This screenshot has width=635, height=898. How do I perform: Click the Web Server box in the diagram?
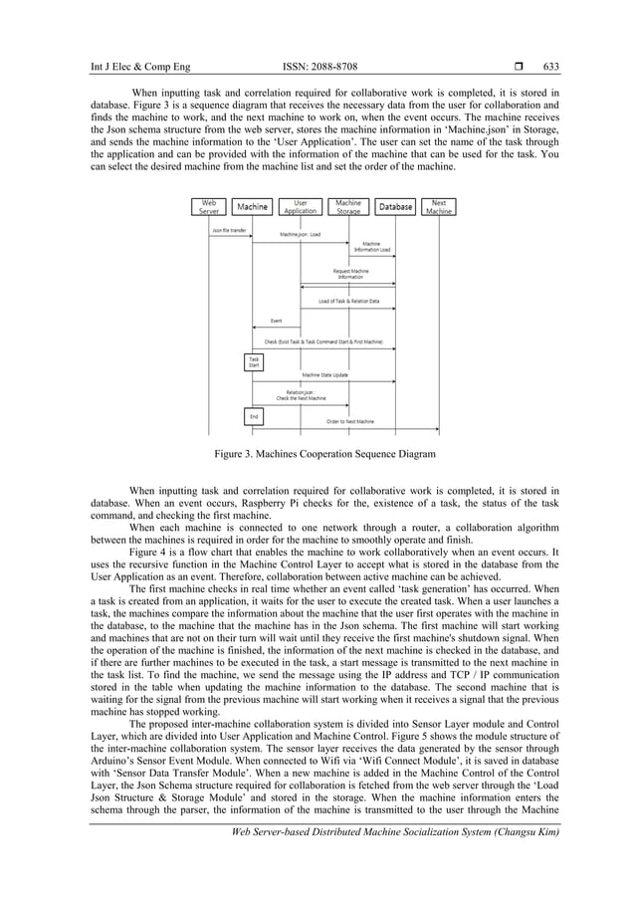click(x=209, y=206)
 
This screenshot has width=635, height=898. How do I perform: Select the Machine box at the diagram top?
click(x=252, y=207)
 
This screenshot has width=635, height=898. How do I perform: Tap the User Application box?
click(x=300, y=206)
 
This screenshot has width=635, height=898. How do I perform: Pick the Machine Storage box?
click(x=348, y=206)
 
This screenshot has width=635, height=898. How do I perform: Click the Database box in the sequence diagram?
click(x=395, y=207)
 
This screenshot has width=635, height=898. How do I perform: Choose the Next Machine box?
click(x=438, y=206)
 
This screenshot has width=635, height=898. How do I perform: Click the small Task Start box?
click(x=254, y=362)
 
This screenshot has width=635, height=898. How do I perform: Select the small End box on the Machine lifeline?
click(x=254, y=415)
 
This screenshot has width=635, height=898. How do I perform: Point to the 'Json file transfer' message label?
click(x=228, y=229)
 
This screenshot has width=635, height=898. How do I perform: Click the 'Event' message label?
click(x=276, y=321)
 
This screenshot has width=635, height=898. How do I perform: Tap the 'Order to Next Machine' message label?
click(x=350, y=421)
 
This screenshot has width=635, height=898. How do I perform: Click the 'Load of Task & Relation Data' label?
click(x=348, y=301)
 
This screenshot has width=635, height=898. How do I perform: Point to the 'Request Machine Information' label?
click(x=349, y=273)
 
